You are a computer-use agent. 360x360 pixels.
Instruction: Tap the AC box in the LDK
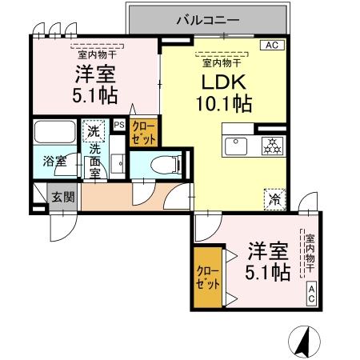[273, 46]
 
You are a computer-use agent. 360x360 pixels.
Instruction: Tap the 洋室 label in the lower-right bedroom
[266, 249]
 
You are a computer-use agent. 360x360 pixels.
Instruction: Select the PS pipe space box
[118, 125]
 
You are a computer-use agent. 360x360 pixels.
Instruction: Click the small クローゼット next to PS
[143, 130]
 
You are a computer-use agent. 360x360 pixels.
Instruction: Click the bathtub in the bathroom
[54, 131]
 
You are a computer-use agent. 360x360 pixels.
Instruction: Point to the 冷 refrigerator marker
[273, 196]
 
